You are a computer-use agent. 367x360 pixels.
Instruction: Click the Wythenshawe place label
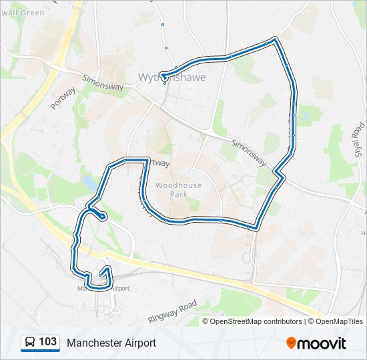171,77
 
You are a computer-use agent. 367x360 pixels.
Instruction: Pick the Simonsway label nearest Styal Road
249,153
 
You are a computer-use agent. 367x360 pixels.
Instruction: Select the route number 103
47,342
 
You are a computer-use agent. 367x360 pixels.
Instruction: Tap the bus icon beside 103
30,343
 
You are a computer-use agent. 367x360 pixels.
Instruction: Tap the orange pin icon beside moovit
292,343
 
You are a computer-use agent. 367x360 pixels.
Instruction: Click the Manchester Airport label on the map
103,289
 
